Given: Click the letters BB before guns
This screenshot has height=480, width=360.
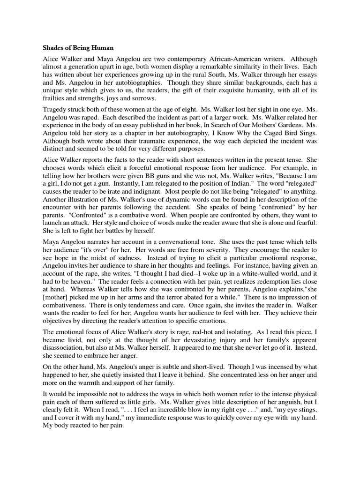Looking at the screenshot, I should (x=178, y=200).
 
